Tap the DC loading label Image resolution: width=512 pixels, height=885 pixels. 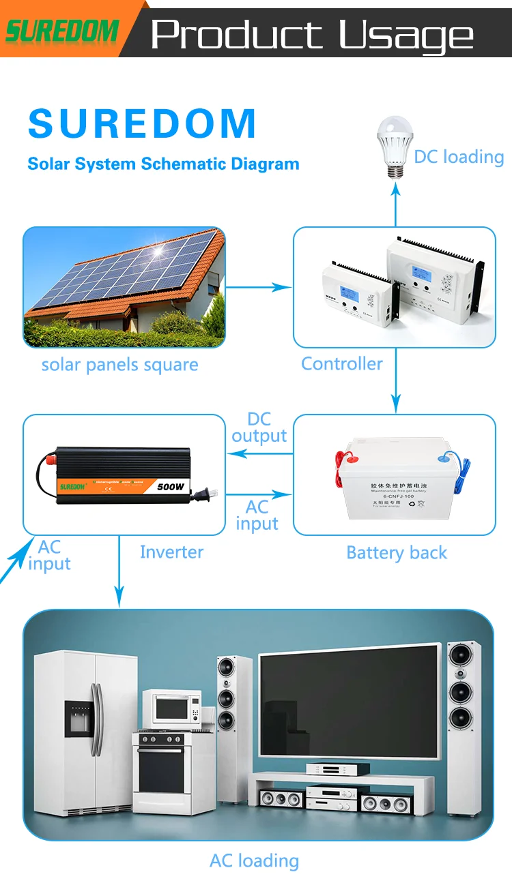[459, 157]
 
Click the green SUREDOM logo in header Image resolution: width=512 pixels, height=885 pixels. [62, 31]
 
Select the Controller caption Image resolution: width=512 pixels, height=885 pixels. [342, 363]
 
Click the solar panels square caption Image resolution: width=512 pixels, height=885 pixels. [119, 365]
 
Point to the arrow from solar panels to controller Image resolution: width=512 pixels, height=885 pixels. [259, 288]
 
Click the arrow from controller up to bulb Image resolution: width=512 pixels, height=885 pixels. [395, 205]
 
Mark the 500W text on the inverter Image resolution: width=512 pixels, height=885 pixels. [171, 487]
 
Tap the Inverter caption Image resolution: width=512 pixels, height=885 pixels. [171, 552]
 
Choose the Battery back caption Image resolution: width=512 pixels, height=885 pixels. [397, 552]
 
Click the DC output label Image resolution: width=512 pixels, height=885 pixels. [259, 427]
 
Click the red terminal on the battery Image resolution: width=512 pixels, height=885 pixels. [340, 457]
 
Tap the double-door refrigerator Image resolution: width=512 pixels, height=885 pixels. [85, 734]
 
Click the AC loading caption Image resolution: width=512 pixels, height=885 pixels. [254, 860]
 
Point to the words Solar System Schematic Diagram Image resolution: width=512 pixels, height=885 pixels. [163, 164]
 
